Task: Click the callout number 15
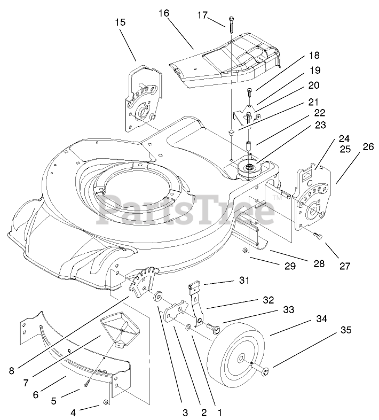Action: click(x=120, y=22)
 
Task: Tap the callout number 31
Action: click(x=244, y=280)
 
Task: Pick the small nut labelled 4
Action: click(x=105, y=402)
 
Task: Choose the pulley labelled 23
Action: click(x=247, y=168)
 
